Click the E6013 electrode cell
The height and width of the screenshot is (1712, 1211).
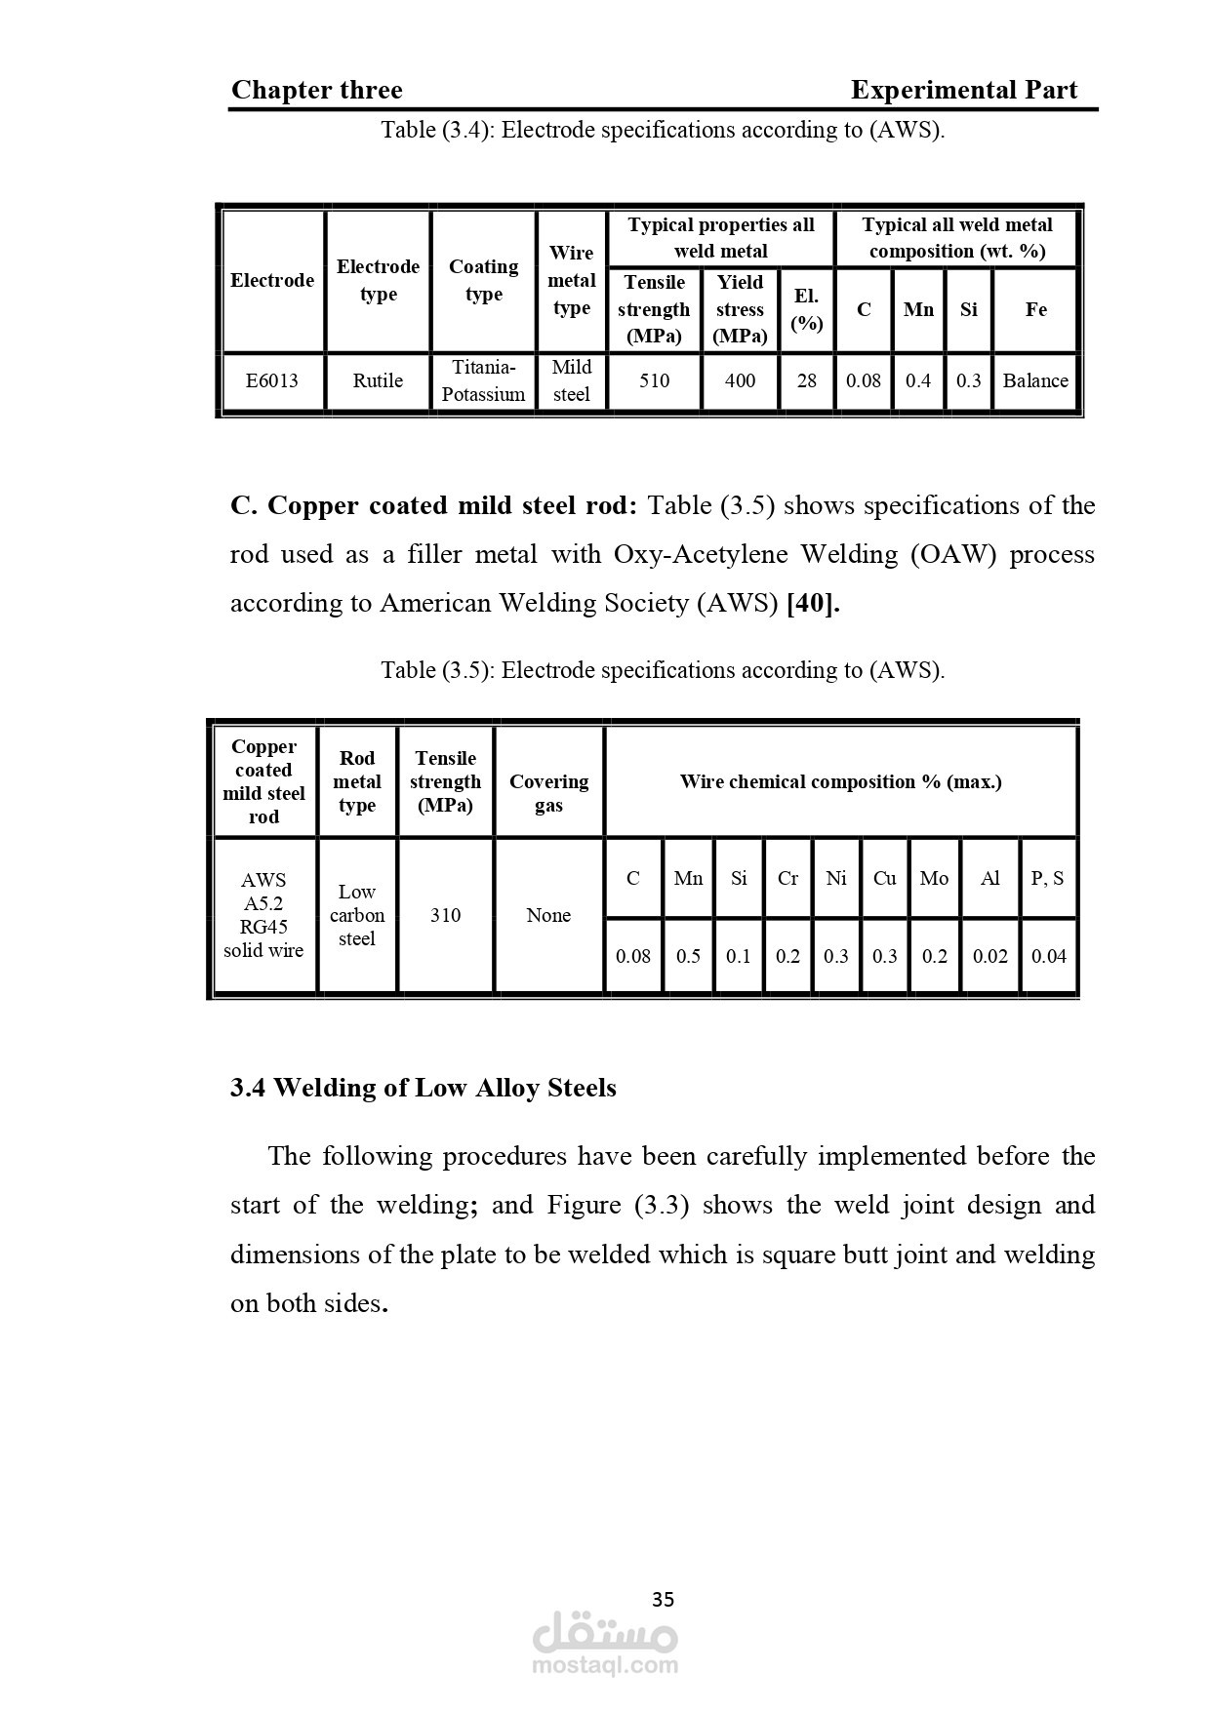[272, 380]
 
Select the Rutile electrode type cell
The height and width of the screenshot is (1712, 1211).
[378, 380]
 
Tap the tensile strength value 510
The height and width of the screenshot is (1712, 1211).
[654, 380]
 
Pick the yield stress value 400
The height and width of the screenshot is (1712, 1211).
[740, 380]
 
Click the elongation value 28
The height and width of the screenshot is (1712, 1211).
[806, 380]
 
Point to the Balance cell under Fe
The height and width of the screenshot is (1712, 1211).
[1035, 380]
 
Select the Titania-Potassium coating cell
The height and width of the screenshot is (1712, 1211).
[483, 380]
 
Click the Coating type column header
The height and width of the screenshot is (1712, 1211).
[483, 280]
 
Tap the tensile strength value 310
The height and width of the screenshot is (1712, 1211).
[445, 915]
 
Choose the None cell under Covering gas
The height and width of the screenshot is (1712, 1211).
[548, 915]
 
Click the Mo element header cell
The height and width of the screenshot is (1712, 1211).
[934, 878]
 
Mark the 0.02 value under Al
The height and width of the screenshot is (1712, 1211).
[989, 956]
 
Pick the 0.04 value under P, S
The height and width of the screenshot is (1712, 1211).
[1049, 956]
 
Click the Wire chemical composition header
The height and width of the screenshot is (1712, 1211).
[840, 781]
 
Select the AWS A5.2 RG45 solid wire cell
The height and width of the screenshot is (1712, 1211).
[263, 915]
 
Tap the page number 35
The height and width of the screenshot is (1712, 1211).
[663, 1600]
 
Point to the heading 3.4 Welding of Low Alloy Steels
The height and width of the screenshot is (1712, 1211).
[423, 1088]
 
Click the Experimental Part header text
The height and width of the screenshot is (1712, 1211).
[963, 91]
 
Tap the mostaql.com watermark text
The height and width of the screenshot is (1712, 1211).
[605, 1665]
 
